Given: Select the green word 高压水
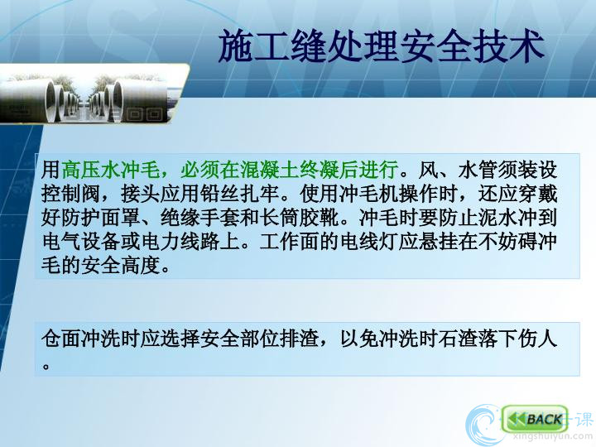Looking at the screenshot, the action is [91, 170].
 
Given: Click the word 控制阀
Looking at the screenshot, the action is [71, 194].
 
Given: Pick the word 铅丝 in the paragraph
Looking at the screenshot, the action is [220, 194].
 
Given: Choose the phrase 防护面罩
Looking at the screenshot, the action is [101, 218].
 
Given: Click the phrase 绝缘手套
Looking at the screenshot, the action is [200, 218].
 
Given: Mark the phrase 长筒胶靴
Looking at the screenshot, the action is [300, 218].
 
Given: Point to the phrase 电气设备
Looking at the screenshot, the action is [81, 242].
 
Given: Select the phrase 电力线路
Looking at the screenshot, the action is [181, 242].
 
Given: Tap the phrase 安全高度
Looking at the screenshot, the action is [121, 266].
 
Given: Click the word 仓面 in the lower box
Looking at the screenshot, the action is [61, 339].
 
